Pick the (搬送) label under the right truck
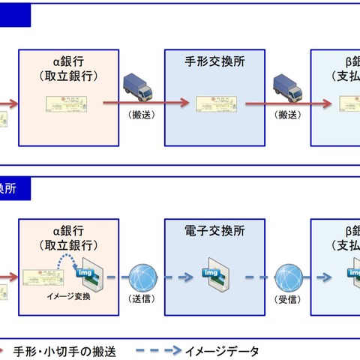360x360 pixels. [288, 115]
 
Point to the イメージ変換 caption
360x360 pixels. [68, 298]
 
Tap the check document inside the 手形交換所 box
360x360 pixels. [217, 105]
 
